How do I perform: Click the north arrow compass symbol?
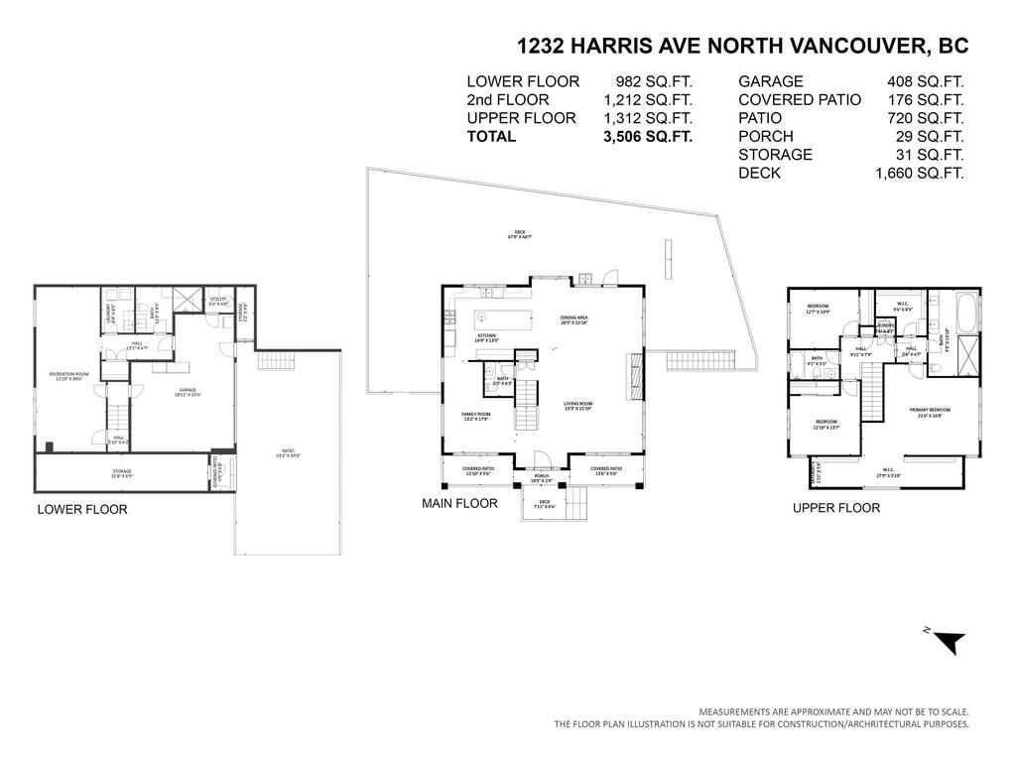[x=948, y=642]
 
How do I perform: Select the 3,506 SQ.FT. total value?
[x=647, y=137]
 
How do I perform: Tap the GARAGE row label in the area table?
[x=771, y=82]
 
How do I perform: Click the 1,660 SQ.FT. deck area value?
[x=919, y=174]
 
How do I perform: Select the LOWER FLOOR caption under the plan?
[x=82, y=510]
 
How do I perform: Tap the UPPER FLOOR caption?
[x=835, y=508]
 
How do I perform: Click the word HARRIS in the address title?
[x=613, y=46]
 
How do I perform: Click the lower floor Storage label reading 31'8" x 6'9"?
[x=121, y=473]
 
